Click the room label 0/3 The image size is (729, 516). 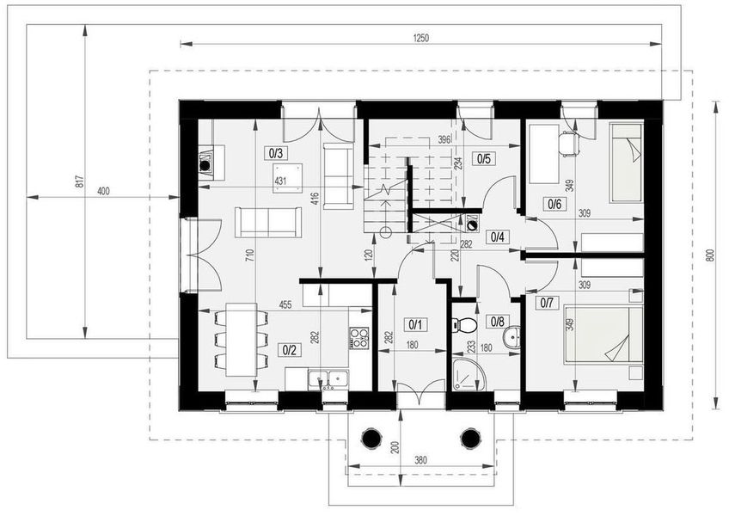[276, 152]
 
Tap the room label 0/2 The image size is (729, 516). [289, 350]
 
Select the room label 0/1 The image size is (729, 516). [415, 324]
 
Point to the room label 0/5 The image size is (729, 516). [484, 158]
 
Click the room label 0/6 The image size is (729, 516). [554, 203]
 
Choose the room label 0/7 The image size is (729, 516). [547, 304]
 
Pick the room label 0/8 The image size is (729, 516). [497, 321]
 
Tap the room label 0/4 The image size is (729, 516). [497, 236]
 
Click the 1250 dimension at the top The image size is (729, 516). [420, 39]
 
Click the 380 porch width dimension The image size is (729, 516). [420, 460]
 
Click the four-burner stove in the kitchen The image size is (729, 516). [359, 338]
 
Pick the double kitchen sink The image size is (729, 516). [328, 378]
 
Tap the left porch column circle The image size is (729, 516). [371, 438]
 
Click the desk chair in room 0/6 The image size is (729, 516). [569, 143]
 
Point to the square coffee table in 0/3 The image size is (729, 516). [288, 177]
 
